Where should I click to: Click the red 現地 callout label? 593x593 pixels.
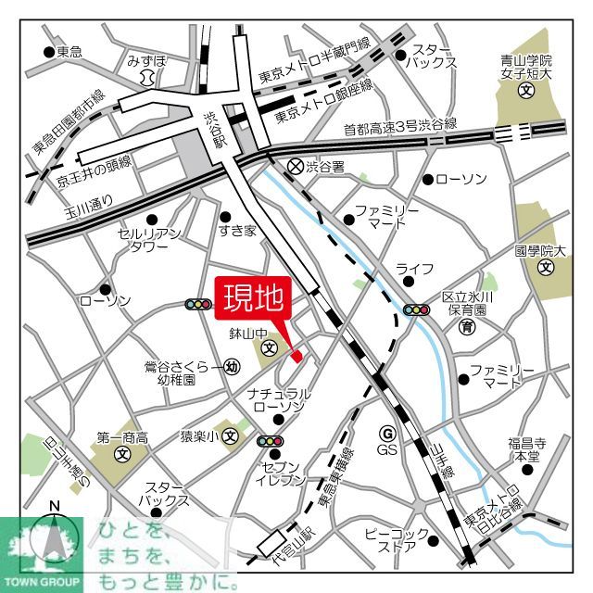point(254,298)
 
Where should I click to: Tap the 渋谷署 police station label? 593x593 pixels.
point(325,167)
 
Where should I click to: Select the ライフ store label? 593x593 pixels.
point(414,269)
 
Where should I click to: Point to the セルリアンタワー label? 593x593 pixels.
point(143,240)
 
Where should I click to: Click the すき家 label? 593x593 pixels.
point(237,231)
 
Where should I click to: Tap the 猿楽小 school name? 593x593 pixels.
point(197,435)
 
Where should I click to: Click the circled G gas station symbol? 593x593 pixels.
point(387,433)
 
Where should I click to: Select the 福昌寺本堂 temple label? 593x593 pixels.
point(527,448)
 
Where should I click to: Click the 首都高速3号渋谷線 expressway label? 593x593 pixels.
point(399,125)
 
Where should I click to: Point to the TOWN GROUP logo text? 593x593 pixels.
point(42,585)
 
